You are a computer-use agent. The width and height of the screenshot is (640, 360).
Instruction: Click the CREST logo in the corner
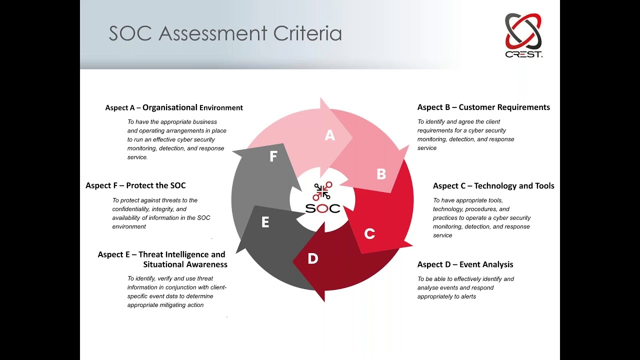[523, 35]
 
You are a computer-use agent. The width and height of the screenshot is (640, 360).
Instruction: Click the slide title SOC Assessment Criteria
[225, 33]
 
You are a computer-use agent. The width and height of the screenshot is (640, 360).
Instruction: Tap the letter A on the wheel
[329, 135]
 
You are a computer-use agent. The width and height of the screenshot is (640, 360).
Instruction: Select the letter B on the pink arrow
[381, 174]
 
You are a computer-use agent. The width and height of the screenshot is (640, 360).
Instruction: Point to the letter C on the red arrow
[369, 233]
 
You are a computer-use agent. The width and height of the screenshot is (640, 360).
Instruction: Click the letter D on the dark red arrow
[312, 258]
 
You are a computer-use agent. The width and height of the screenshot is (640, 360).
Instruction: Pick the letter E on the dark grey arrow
[265, 222]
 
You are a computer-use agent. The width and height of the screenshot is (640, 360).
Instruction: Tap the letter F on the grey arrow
[273, 156]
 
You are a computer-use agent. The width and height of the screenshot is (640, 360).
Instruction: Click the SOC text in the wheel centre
[322, 208]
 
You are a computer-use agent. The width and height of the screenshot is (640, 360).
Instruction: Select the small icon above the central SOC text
[322, 190]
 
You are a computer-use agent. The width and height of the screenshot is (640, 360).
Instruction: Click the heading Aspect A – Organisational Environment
[174, 107]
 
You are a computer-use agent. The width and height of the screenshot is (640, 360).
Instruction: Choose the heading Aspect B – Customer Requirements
[483, 107]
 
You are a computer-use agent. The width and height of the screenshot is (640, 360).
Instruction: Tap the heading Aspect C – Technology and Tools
[493, 185]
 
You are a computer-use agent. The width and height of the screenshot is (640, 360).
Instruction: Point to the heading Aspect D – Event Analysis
[465, 264]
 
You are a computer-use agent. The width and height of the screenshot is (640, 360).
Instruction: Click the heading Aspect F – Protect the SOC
[135, 185]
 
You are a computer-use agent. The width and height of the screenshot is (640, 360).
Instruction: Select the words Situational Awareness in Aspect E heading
[185, 264]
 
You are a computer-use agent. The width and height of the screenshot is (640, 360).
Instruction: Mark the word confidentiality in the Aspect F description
[131, 209]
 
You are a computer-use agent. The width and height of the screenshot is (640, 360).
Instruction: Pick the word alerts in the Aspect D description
[465, 296]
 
